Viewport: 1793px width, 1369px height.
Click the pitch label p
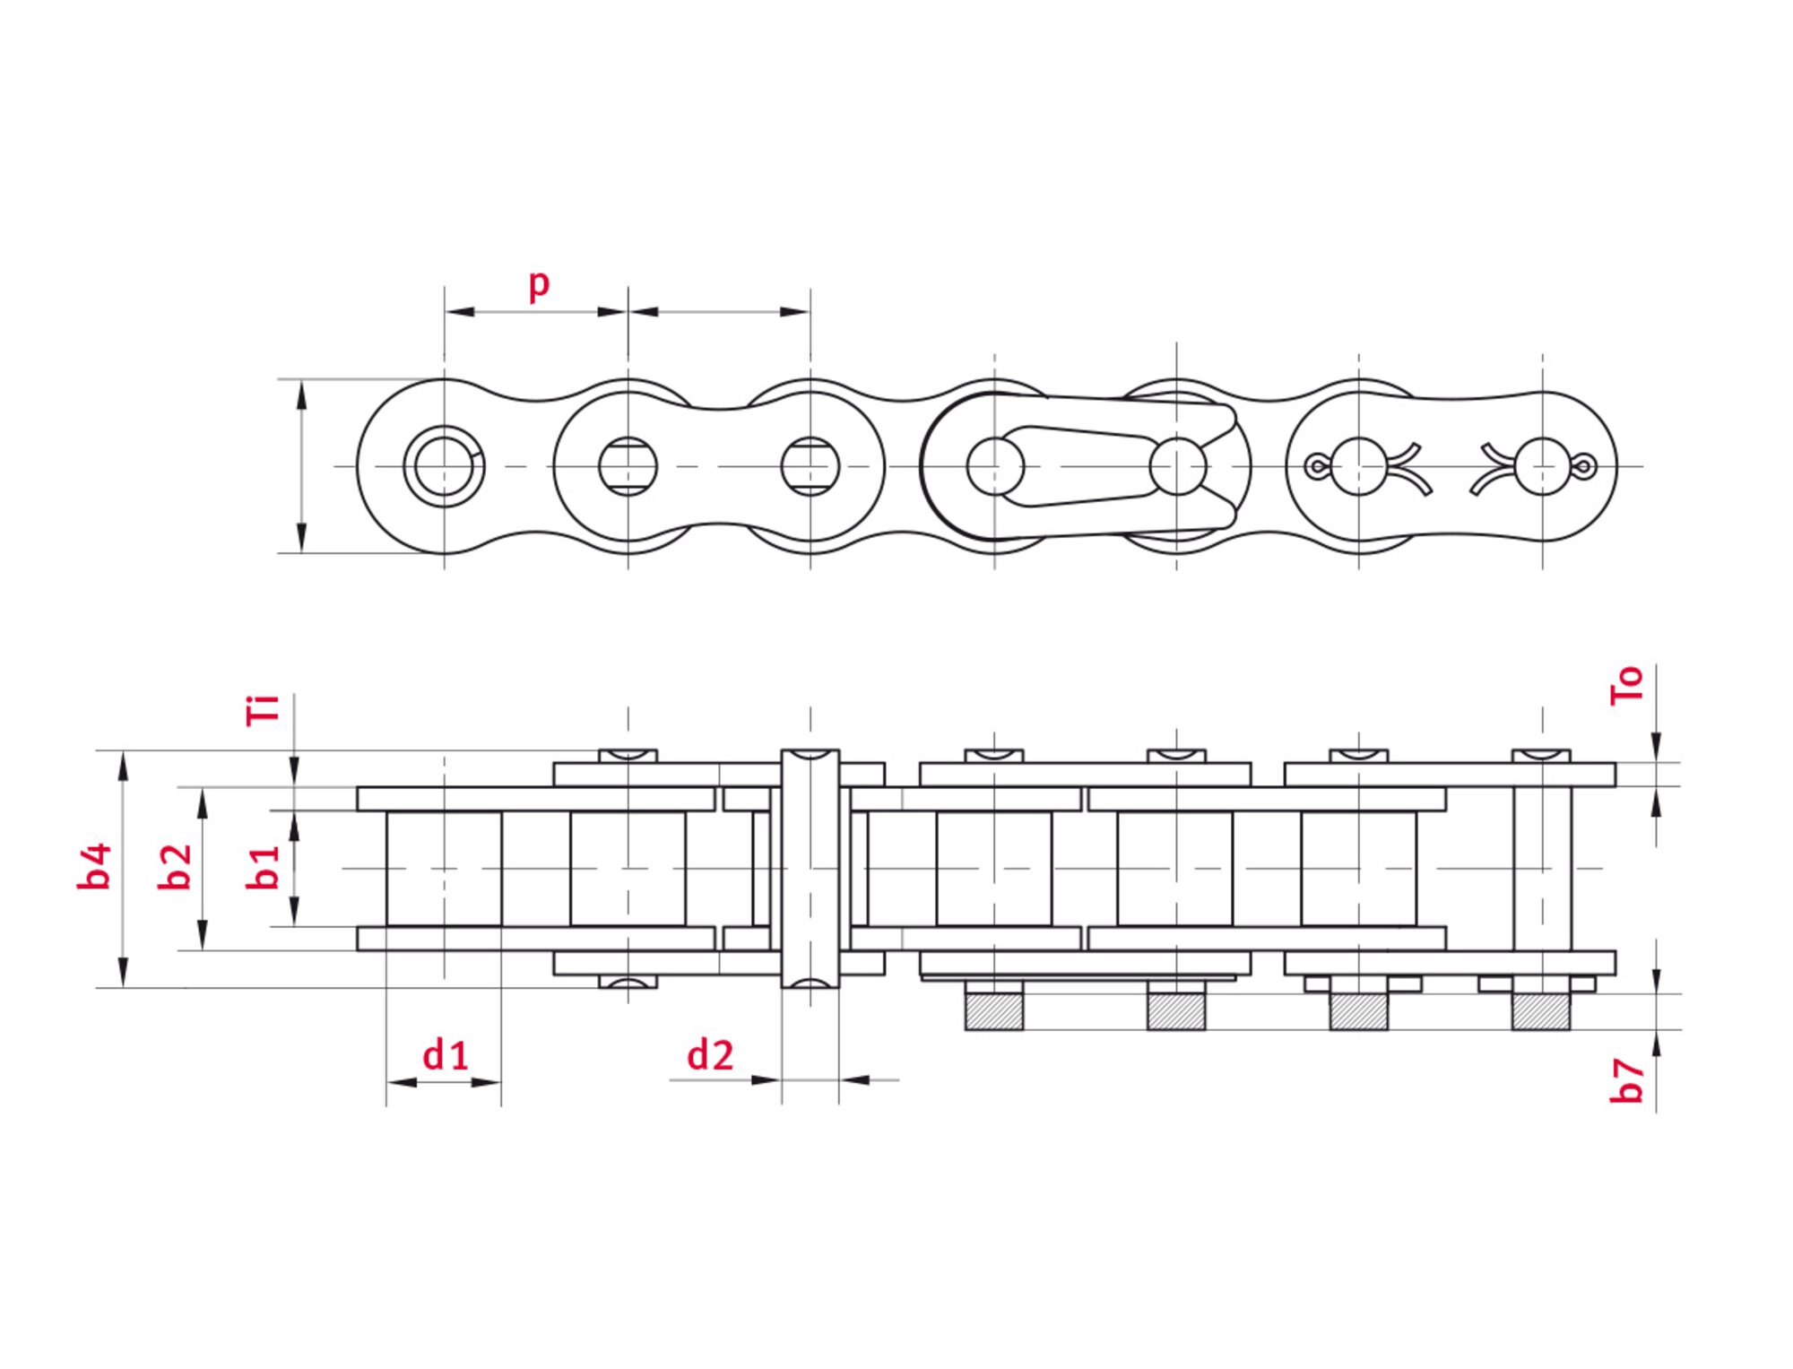click(x=538, y=285)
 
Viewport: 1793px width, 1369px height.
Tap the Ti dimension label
click(x=263, y=709)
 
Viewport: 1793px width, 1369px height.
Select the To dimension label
click(x=1626, y=685)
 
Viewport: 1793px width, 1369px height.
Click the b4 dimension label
click(x=94, y=866)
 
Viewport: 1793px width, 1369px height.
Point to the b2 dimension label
click(x=175, y=866)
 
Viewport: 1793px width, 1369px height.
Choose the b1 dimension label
click(x=263, y=867)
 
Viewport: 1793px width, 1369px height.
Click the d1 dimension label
click(x=446, y=1055)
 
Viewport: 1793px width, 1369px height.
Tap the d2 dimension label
click(x=710, y=1055)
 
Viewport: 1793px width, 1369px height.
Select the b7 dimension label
click(x=1626, y=1080)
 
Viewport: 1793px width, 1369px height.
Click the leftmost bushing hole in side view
click(x=444, y=466)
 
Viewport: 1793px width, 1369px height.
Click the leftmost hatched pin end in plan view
click(x=993, y=1011)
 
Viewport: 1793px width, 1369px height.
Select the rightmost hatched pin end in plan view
click(x=1541, y=1011)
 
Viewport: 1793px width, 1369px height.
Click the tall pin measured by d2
click(x=810, y=868)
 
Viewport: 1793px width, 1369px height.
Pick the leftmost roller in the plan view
click(x=444, y=868)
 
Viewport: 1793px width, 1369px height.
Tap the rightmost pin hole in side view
click(x=1542, y=466)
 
